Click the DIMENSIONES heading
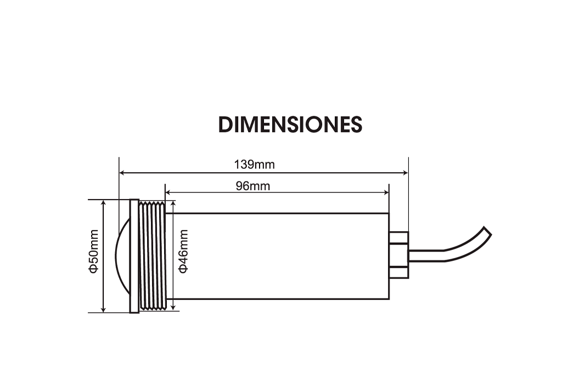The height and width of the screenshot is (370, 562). [x=290, y=125]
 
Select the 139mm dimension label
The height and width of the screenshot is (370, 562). [x=254, y=164]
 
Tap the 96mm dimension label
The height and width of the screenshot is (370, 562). [x=253, y=185]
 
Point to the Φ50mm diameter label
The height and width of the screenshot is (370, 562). [x=93, y=256]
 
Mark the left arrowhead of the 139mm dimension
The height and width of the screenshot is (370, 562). [x=122, y=173]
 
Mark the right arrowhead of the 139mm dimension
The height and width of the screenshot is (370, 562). [x=405, y=173]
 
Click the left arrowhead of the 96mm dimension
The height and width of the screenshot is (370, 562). [x=168, y=192]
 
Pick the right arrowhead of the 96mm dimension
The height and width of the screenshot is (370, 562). [x=386, y=192]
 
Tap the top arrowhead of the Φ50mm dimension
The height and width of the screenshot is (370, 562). [x=104, y=203]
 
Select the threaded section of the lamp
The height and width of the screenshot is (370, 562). [x=152, y=256]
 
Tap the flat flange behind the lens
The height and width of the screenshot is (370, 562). [x=134, y=256]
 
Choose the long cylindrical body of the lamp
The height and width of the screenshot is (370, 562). [x=280, y=256]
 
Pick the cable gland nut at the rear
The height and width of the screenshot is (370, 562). [x=398, y=255]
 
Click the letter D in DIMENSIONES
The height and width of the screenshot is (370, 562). [x=226, y=125]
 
